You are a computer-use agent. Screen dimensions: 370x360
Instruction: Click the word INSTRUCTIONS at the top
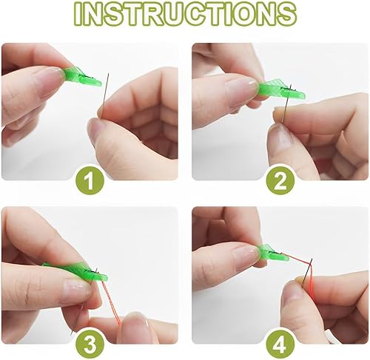click(x=185, y=14)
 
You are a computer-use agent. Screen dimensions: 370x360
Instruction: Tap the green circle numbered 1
click(x=90, y=181)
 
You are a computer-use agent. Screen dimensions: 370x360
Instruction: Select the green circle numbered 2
click(x=280, y=181)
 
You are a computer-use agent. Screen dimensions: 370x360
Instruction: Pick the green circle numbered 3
click(x=90, y=344)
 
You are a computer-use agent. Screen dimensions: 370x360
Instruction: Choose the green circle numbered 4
click(x=280, y=344)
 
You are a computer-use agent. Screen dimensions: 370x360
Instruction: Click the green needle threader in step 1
click(x=82, y=77)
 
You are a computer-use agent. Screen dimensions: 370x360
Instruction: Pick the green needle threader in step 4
click(x=272, y=253)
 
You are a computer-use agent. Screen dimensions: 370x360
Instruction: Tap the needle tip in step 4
click(x=312, y=259)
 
